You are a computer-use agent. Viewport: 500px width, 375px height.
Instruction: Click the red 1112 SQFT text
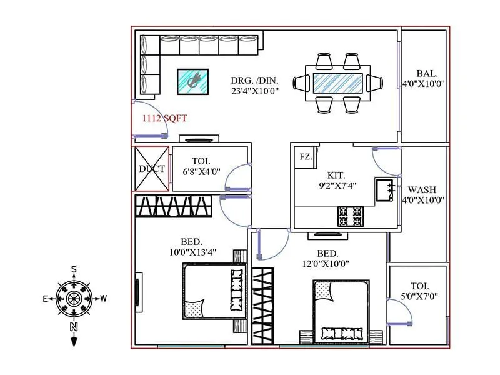coord(165,117)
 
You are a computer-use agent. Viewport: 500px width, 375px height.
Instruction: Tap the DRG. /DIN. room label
coord(254,80)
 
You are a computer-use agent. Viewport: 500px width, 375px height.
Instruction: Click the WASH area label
coord(422,189)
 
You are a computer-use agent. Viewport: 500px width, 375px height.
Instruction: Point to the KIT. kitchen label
coord(336,176)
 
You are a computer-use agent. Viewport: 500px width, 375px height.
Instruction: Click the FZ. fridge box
coord(306,156)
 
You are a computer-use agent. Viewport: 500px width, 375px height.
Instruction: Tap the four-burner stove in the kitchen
coord(350,216)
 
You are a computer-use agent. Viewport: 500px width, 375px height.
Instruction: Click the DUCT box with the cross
coord(152,169)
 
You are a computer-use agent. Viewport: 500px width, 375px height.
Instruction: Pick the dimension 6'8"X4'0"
coord(201,171)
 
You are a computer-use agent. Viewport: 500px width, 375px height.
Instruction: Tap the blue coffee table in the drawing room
coord(193,81)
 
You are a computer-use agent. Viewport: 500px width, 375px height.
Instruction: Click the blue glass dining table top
coord(336,82)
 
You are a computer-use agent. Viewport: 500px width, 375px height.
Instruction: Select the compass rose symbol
coord(74,298)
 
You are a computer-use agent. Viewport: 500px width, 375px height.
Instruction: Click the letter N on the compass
coord(74,327)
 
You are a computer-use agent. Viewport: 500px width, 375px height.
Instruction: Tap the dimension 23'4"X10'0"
coord(254,91)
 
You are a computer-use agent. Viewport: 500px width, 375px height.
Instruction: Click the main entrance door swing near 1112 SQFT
coord(150,119)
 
